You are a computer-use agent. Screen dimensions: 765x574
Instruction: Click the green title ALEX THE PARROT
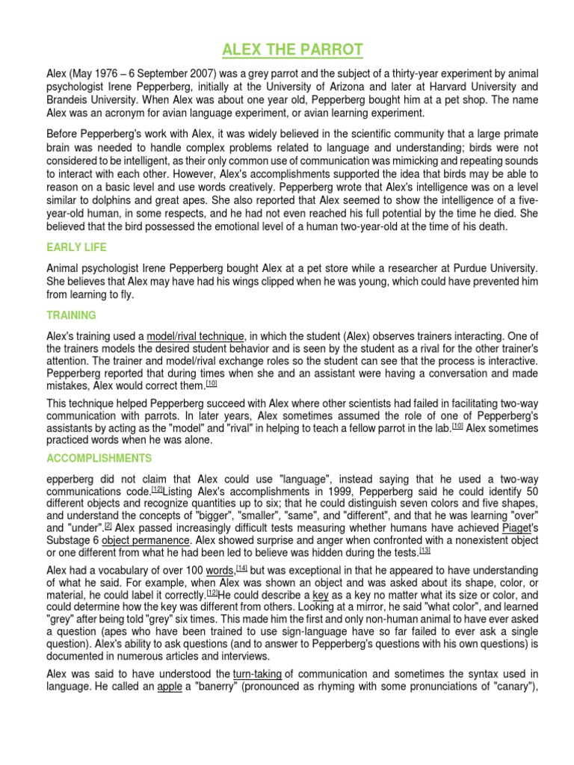(292, 51)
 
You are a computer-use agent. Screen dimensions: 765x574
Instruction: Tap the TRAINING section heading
(71, 315)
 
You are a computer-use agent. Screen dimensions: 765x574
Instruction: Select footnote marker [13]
(425, 551)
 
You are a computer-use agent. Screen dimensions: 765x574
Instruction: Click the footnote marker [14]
(242, 568)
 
